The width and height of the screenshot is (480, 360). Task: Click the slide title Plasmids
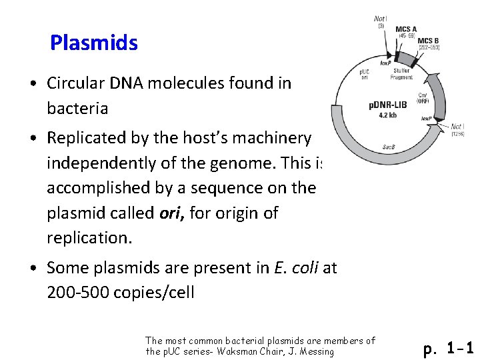[94, 43]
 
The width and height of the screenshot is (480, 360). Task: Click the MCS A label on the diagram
[406, 29]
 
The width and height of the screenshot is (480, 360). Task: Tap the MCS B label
[428, 41]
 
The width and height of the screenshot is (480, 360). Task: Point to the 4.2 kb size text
[387, 114]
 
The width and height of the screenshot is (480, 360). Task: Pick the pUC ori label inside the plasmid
[365, 73]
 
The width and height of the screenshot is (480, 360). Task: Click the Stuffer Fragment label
[402, 74]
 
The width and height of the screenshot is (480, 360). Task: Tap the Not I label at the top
[381, 19]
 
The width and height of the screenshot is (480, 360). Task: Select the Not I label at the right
[457, 127]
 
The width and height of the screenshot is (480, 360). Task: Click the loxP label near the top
[385, 63]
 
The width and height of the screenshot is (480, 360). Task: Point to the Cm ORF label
[423, 98]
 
